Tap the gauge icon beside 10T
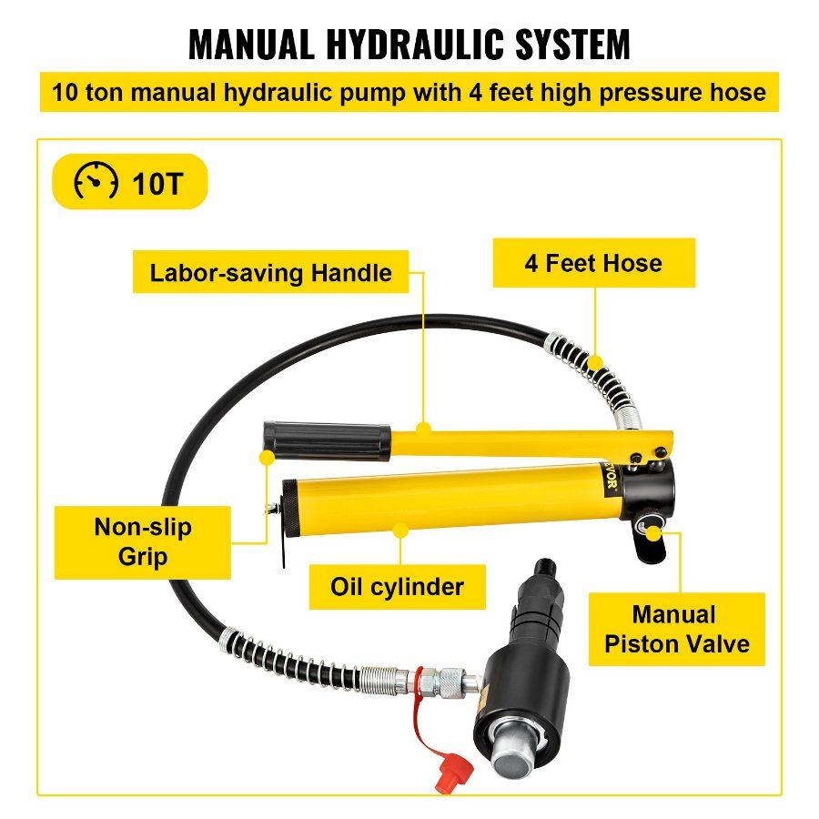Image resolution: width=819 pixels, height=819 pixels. click(x=96, y=183)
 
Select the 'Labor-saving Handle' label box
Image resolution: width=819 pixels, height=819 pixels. click(x=270, y=273)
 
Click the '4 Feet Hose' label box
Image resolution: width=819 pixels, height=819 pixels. click(x=593, y=264)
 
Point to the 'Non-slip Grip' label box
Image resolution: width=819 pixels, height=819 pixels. click(x=143, y=541)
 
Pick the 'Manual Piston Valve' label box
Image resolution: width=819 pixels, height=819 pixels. click(x=677, y=630)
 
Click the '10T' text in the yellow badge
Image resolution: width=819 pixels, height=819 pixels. click(x=157, y=184)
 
